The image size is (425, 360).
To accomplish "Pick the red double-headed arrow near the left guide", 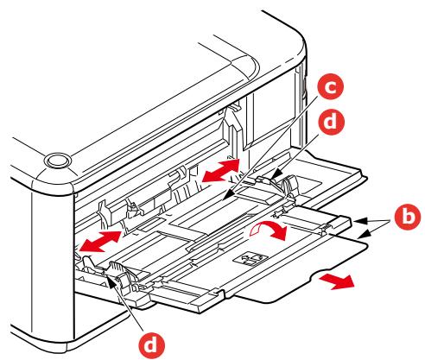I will pos(97,241).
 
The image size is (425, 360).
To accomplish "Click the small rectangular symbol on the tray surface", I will pos(251,258).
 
